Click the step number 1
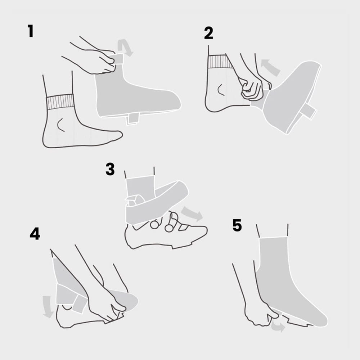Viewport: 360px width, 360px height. coord(31,31)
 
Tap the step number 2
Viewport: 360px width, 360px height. coord(209,33)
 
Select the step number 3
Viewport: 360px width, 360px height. coord(110,169)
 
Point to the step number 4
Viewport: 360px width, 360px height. coord(35,234)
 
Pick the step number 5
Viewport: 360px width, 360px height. coord(237,225)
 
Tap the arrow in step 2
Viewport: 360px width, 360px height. coord(270,67)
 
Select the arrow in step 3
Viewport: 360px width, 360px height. coord(192,213)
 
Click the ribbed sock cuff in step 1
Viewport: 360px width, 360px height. coord(60,102)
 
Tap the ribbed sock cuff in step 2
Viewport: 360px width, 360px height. coord(220,62)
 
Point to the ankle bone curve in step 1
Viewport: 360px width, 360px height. coord(60,125)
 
